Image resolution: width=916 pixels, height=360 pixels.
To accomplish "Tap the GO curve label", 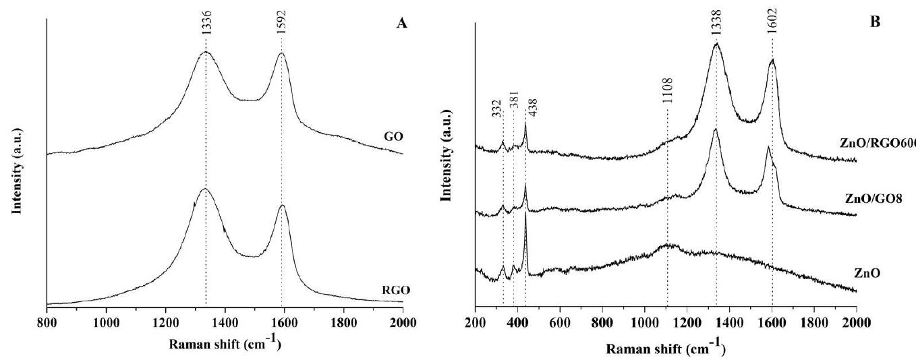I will coord(391,137).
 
